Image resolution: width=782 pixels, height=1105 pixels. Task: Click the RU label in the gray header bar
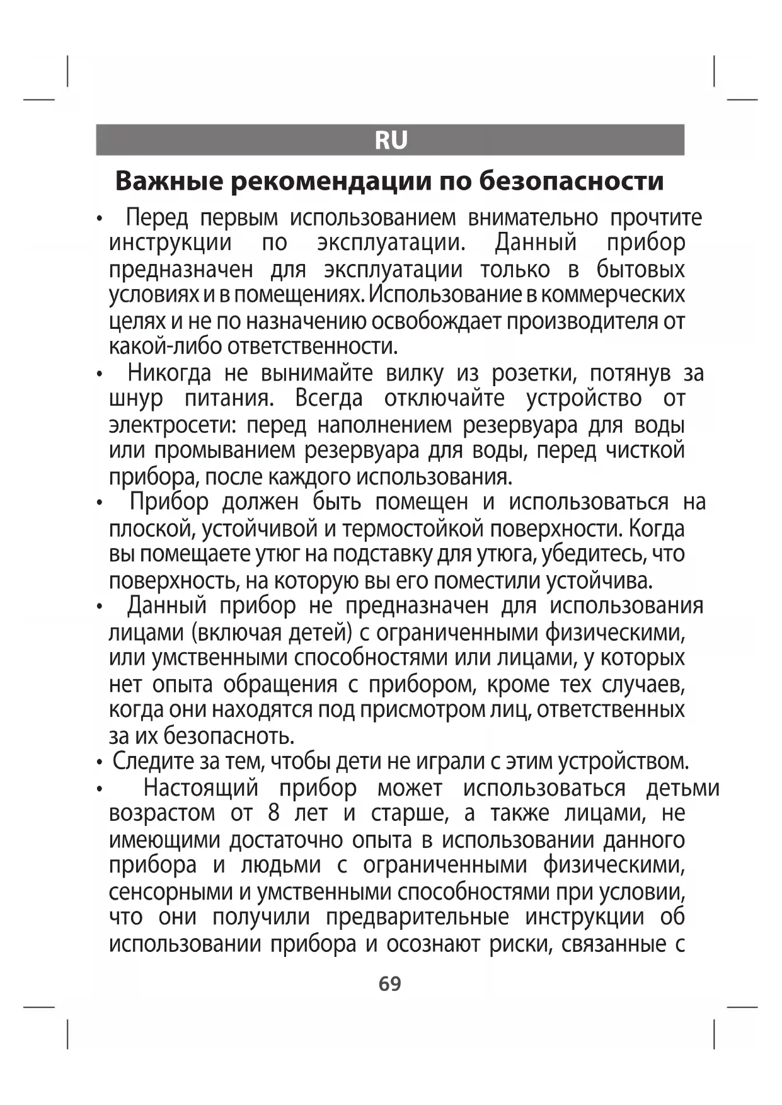pos(391,140)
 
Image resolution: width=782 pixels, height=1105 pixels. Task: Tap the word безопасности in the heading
pos(571,181)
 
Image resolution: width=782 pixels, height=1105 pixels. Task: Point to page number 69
pos(390,983)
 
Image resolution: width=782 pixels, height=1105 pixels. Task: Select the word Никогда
pos(169,373)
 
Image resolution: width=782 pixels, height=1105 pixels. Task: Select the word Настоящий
pos(201,788)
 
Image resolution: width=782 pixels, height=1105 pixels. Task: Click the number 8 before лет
pos(273,813)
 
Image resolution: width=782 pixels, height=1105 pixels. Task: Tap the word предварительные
pos(417,917)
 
